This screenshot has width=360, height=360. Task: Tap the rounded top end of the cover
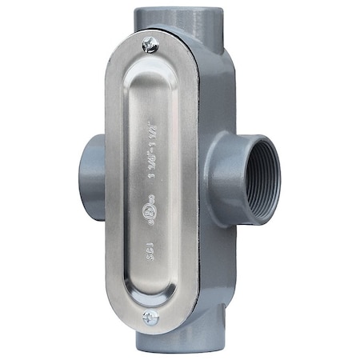pos(152,36)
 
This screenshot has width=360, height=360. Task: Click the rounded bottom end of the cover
pos(152,329)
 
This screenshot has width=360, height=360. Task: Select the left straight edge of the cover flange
pos(110,184)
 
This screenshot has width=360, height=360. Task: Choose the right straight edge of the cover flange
pos(197,184)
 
